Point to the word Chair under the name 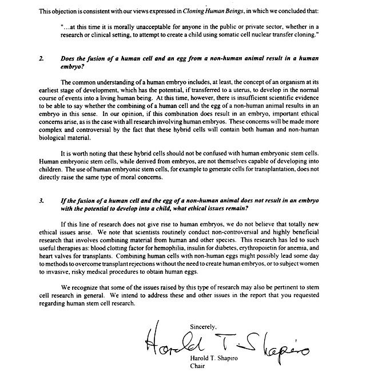197,367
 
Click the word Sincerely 204,326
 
